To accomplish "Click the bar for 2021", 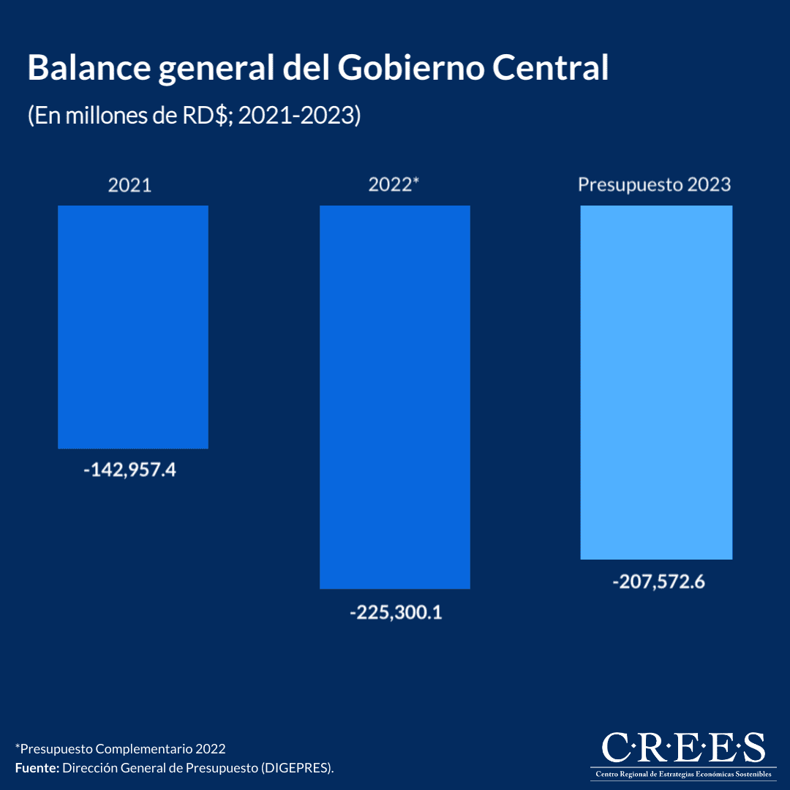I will pyautogui.click(x=133, y=327).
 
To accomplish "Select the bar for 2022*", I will pyautogui.click(x=395, y=397).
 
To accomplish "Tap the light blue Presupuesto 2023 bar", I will pyautogui.click(x=656, y=383).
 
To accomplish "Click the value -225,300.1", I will pyautogui.click(x=396, y=612).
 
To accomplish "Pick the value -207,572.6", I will pyautogui.click(x=658, y=583).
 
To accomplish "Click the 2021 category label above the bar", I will pyautogui.click(x=130, y=185).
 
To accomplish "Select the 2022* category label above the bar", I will pyautogui.click(x=394, y=185).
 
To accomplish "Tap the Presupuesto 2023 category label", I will pyautogui.click(x=655, y=184).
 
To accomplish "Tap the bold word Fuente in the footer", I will pyautogui.click(x=36, y=768).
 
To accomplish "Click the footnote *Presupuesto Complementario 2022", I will pyautogui.click(x=120, y=749).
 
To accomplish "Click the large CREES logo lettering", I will pyautogui.click(x=683, y=748).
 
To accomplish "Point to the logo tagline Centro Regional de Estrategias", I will pyautogui.click(x=683, y=774).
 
